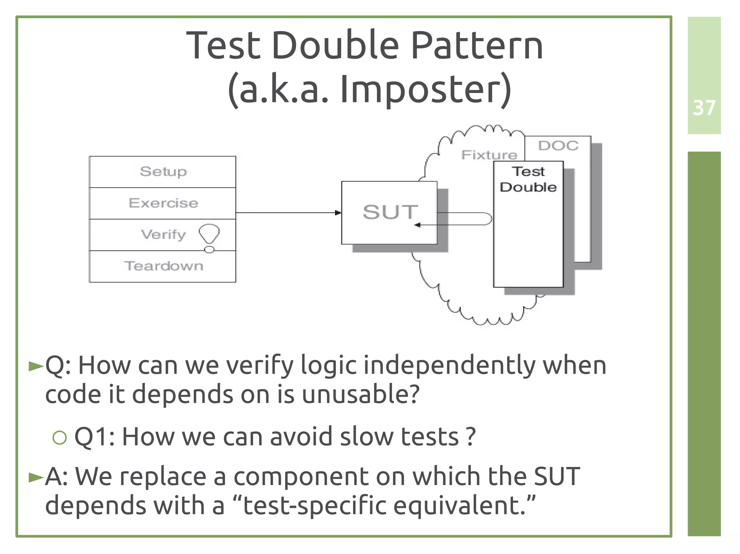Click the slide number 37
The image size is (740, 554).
coord(704,108)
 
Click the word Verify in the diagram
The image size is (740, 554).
coord(163,235)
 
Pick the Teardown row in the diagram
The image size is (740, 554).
coord(163,266)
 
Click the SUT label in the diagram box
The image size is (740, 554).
coord(390,212)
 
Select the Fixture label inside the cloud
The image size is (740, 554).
coord(489,155)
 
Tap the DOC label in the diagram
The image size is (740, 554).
coord(558,146)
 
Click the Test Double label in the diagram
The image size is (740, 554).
coord(528,179)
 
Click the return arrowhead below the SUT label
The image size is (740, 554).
coord(417,225)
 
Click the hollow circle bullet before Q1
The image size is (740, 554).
coord(60,438)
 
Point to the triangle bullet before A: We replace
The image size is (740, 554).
coord(36,477)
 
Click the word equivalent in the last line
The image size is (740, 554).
coord(459,505)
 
